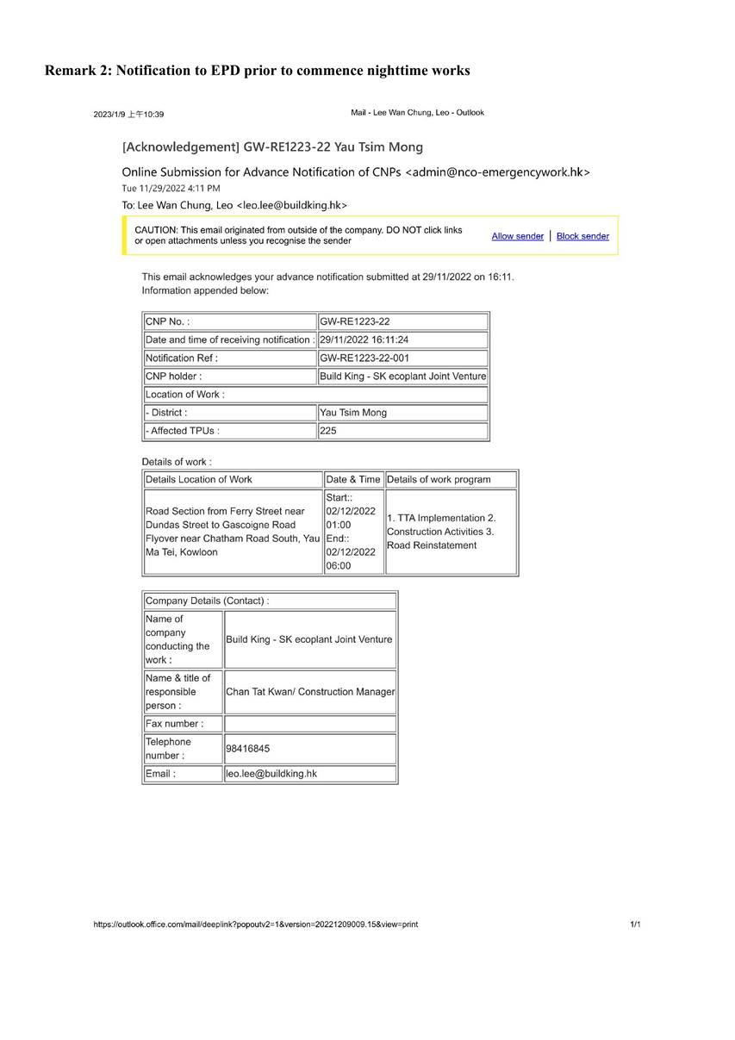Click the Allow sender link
(517, 236)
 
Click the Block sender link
(582, 236)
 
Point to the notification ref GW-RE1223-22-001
(364, 358)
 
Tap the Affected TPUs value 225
(328, 431)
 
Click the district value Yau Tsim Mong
(353, 413)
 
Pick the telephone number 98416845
(247, 749)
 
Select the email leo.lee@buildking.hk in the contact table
(271, 774)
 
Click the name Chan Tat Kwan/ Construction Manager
(310, 692)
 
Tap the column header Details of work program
(439, 480)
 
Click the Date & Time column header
(352, 480)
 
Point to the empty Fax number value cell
(310, 724)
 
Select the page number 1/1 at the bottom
(635, 925)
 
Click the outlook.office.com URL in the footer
(256, 925)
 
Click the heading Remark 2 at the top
(258, 71)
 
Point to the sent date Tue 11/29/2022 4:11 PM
(171, 188)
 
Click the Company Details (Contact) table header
(207, 601)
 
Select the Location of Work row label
(185, 395)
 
